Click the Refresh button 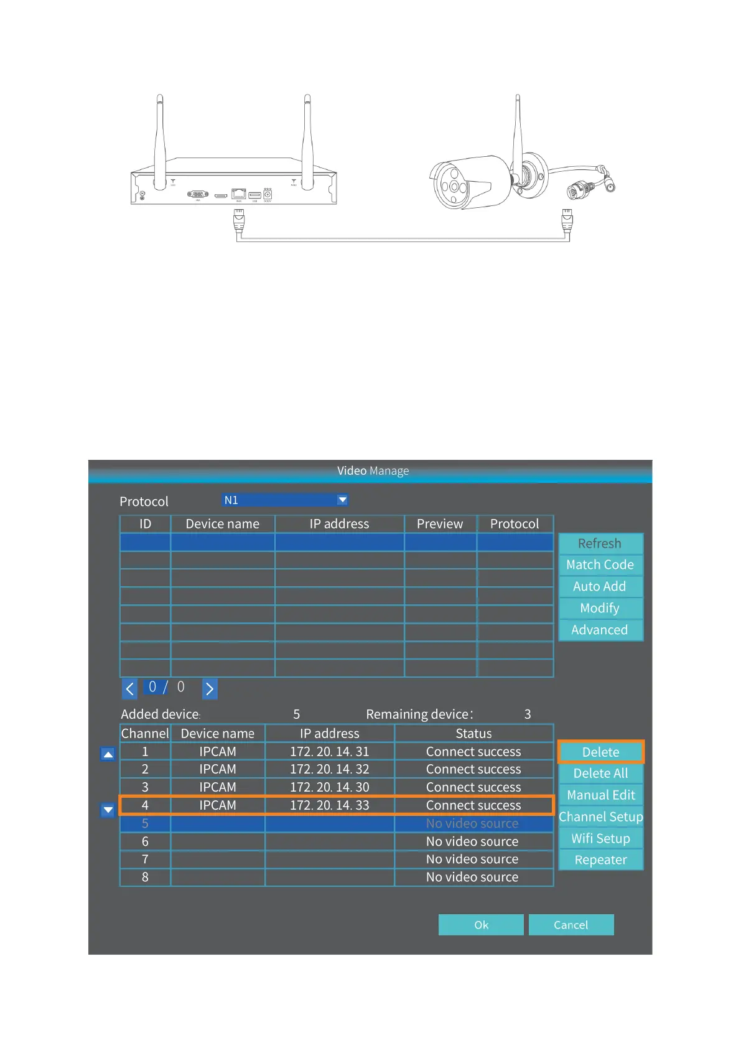coord(600,543)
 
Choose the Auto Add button coord(600,586)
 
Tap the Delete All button coord(600,773)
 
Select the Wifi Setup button coord(600,838)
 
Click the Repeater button coord(600,859)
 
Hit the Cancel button coord(571,925)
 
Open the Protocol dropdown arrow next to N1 coord(342,500)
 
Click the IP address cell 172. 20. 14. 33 coord(329,805)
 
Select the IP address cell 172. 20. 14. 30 coord(329,787)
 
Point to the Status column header coord(473,733)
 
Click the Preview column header coord(440,524)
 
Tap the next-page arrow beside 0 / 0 coord(210,688)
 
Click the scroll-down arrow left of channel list coord(108,810)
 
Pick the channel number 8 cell coord(145,877)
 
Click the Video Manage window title coord(373,471)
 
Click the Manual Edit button coord(600,795)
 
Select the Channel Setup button coord(600,816)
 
